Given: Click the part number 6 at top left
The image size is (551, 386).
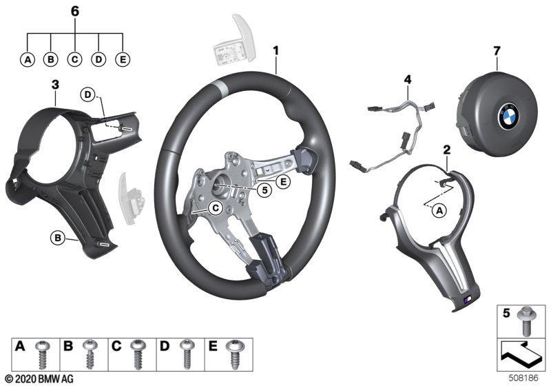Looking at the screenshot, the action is pyautogui.click(x=75, y=11).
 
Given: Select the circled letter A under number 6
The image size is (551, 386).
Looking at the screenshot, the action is pyautogui.click(x=28, y=59).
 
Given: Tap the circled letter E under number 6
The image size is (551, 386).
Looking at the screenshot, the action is pyautogui.click(x=123, y=59).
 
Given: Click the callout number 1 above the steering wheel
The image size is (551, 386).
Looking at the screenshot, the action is pyautogui.click(x=276, y=50).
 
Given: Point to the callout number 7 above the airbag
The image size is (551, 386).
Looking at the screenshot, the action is pyautogui.click(x=496, y=51).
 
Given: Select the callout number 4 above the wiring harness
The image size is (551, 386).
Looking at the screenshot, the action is pyautogui.click(x=407, y=80).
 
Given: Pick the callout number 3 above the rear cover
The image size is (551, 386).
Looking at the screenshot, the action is pyautogui.click(x=55, y=85).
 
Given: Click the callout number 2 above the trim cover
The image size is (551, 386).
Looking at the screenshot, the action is pyautogui.click(x=446, y=150).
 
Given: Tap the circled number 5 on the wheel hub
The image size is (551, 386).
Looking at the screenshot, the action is pyautogui.click(x=264, y=190).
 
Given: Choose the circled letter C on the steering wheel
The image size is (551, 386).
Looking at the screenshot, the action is pyautogui.click(x=215, y=208).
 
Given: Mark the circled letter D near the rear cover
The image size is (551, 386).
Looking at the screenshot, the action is pyautogui.click(x=87, y=94).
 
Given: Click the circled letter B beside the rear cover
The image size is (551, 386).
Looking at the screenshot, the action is pyautogui.click(x=57, y=238).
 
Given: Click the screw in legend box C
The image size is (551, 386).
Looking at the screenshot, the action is pyautogui.click(x=137, y=354).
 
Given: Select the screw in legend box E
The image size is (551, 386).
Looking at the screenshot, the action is pyautogui.click(x=233, y=354).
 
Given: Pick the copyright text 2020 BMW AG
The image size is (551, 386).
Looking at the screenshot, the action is pyautogui.click(x=39, y=378).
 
